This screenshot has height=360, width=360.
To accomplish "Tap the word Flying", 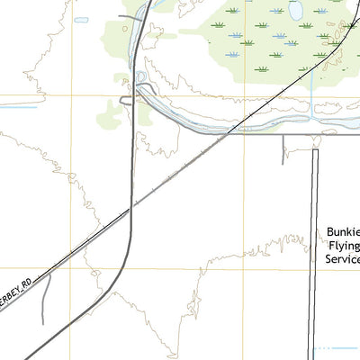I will tap(343, 246).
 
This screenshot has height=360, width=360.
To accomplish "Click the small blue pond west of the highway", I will tap(81, 20).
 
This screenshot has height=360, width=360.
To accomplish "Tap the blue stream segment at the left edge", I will tap(18, 108).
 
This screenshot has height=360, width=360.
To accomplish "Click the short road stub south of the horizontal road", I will tap(284, 148).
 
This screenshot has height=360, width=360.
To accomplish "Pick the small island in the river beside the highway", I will tap(142, 76).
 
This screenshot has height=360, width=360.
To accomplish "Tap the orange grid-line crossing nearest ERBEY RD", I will tap(72, 267).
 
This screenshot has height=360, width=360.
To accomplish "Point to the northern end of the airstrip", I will tap(315, 151).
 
